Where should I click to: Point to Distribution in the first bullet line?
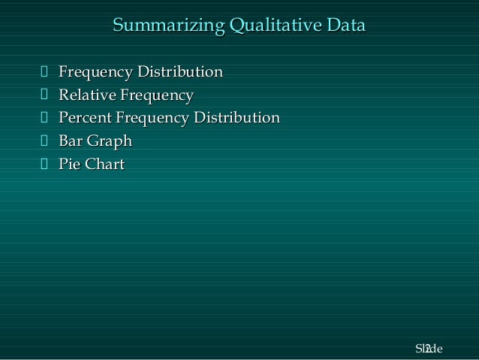[x=181, y=73]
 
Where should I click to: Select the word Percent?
[x=84, y=118]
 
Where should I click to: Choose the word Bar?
[x=71, y=141]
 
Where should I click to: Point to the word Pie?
[x=71, y=163]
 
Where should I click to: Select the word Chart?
[x=105, y=163]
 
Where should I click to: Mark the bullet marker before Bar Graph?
[x=44, y=141]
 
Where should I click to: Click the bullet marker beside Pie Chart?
[x=44, y=163]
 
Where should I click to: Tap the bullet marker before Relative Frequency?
[x=44, y=95]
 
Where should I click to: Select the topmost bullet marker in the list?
[x=44, y=73]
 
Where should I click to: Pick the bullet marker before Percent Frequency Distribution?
[x=44, y=118]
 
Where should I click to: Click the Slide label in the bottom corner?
[x=429, y=349]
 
